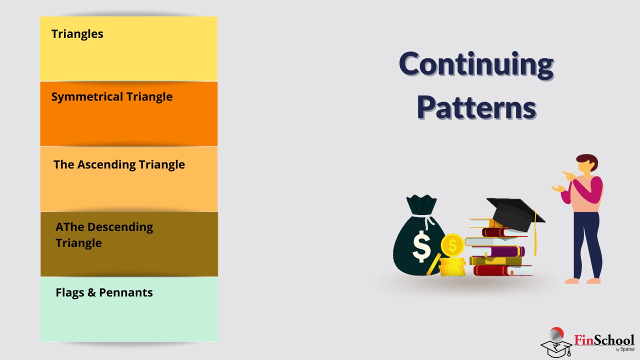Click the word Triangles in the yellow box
click(77, 34)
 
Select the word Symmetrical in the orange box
click(87, 97)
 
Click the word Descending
click(120, 227)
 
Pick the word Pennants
click(125, 292)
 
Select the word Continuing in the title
click(476, 64)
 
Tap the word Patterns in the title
click(476, 107)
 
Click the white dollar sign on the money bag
click(421, 246)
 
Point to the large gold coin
click(452, 245)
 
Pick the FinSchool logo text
click(604, 340)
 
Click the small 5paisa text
click(627, 349)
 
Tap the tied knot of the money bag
click(427, 219)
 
